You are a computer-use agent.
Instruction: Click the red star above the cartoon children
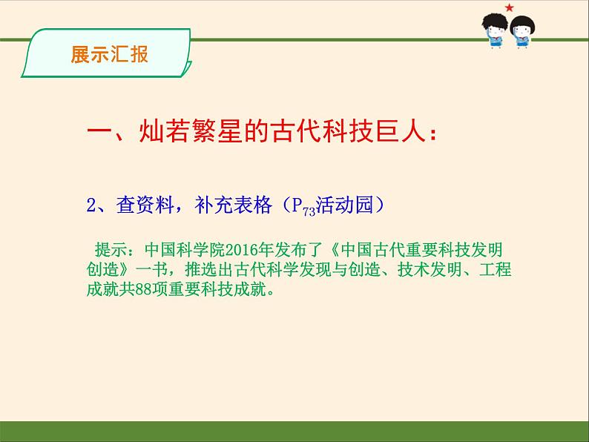pyautogui.click(x=509, y=7)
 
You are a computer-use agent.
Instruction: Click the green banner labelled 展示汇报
pyautogui.click(x=108, y=55)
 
